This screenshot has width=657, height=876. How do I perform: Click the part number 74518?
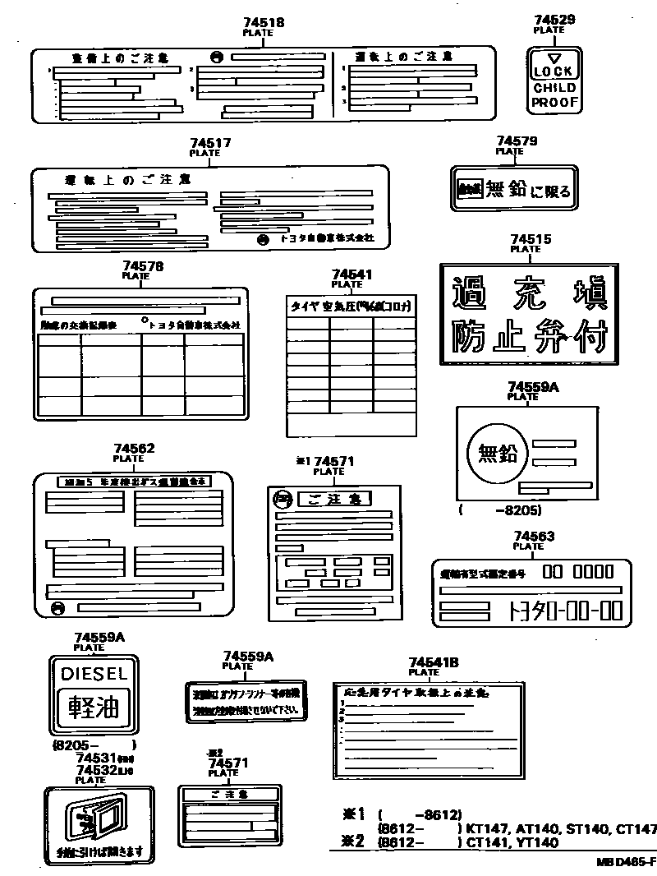264,23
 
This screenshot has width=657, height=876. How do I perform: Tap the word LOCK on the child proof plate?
554,72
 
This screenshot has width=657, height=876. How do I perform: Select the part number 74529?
554,21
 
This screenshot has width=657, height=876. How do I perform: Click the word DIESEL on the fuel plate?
94,674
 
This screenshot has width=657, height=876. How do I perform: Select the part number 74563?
534,537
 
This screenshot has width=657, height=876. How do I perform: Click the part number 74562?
134,449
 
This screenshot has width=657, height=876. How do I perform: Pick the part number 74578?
142,266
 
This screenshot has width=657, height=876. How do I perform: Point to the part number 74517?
210,143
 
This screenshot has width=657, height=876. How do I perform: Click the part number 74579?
517,141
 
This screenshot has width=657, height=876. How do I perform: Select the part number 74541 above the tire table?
352,274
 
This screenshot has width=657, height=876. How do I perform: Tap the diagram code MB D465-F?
626,862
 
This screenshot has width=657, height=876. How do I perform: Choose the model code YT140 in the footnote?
537,841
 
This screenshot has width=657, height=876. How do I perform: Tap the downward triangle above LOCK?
554,58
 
